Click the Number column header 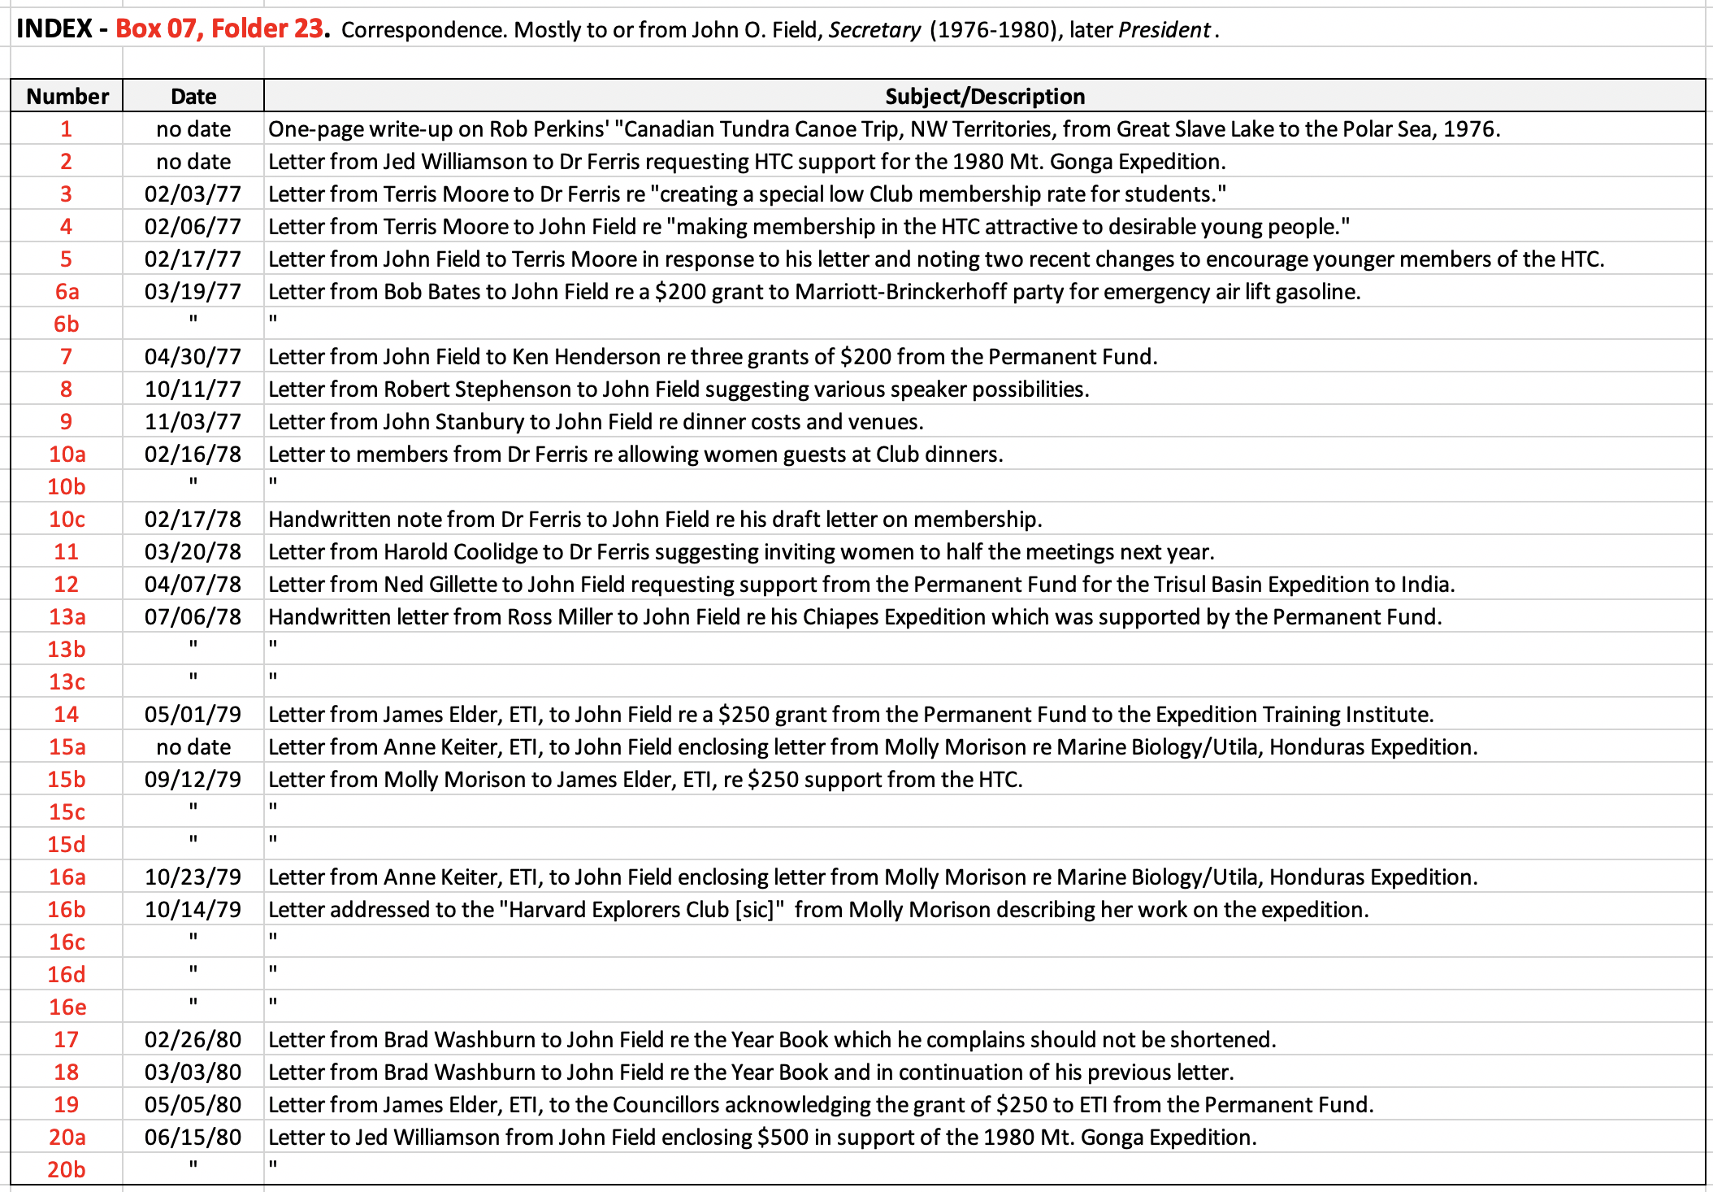pyautogui.click(x=67, y=96)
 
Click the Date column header pyautogui.click(x=193, y=96)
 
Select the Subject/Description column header pyautogui.click(x=984, y=96)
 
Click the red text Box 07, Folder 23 pyautogui.click(x=221, y=29)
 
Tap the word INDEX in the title pyautogui.click(x=54, y=29)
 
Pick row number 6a pyautogui.click(x=67, y=291)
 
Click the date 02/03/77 pyautogui.click(x=193, y=194)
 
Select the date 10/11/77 pyautogui.click(x=193, y=389)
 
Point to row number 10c pyautogui.click(x=67, y=519)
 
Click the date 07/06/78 pyautogui.click(x=193, y=616)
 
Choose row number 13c pyautogui.click(x=67, y=681)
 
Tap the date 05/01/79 pyautogui.click(x=193, y=714)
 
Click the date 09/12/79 pyautogui.click(x=193, y=779)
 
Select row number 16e pyautogui.click(x=67, y=1007)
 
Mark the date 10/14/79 pyautogui.click(x=193, y=909)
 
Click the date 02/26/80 pyautogui.click(x=193, y=1039)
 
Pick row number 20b pyautogui.click(x=67, y=1169)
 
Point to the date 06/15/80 pyautogui.click(x=193, y=1137)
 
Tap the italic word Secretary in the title pyautogui.click(x=874, y=30)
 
